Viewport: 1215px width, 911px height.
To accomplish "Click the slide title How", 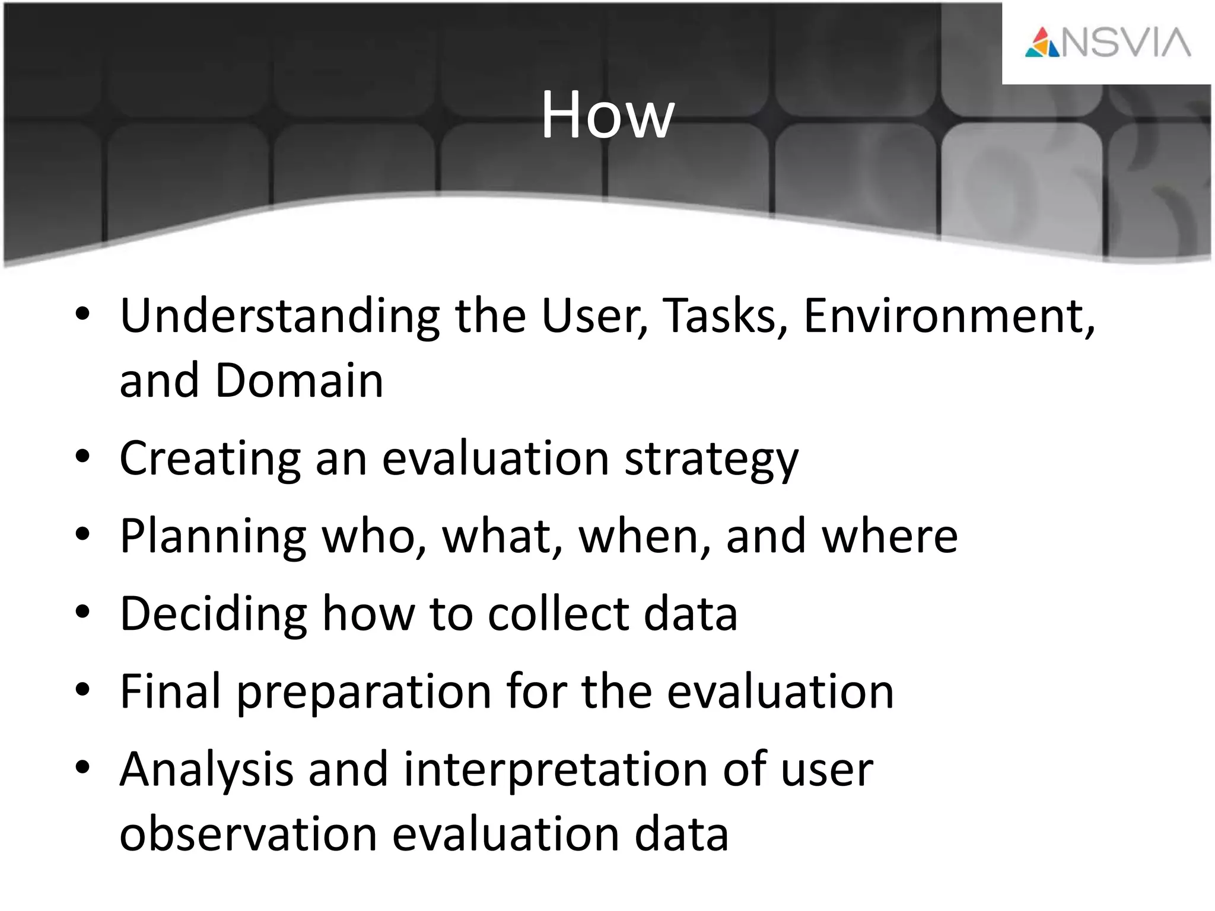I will (607, 116).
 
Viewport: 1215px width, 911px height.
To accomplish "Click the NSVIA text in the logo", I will (1125, 43).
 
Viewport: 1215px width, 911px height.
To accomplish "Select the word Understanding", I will (279, 317).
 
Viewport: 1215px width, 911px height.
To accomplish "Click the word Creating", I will (210, 459).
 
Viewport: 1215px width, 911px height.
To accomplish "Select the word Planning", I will (213, 537).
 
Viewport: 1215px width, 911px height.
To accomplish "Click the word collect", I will (558, 614).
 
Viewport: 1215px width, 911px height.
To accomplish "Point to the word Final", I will (171, 692).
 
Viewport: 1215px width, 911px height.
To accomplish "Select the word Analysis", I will (206, 770).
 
